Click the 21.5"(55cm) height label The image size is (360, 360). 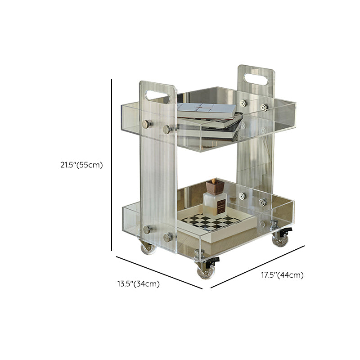pos(81,165)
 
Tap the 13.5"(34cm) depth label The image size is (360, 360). pos(139,284)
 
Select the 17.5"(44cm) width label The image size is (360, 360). pos(282,275)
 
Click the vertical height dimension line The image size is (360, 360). pos(112,165)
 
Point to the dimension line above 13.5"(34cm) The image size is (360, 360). pos(159,273)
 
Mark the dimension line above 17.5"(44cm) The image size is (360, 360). pos(257,267)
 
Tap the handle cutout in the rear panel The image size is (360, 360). pos(256,79)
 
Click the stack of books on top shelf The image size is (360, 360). pos(209,121)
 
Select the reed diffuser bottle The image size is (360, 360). pos(215,199)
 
